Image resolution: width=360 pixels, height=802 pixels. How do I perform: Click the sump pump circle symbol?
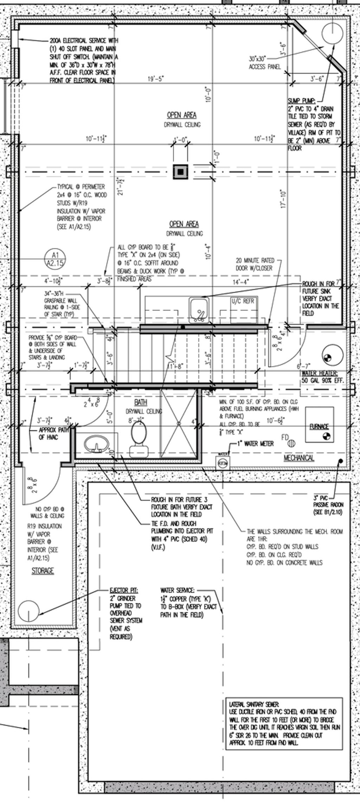[x=332, y=32]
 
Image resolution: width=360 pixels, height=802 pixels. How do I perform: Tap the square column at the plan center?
[x=181, y=172]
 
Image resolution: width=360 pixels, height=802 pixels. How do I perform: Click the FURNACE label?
[x=319, y=427]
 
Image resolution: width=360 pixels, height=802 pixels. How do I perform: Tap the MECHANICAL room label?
[x=299, y=458]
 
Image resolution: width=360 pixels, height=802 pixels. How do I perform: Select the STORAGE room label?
[x=43, y=571]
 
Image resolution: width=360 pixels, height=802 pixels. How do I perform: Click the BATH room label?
[x=141, y=402]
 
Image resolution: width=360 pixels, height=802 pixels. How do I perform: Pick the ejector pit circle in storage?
[x=28, y=611]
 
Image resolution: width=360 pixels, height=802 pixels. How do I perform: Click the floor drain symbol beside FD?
[x=291, y=444]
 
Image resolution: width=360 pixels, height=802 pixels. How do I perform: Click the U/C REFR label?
[x=243, y=301]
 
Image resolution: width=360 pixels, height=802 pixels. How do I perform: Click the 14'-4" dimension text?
[x=241, y=281]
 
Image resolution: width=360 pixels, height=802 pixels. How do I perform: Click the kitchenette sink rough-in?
[x=199, y=310]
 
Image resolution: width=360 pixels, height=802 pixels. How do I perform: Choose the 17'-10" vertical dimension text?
[x=284, y=200]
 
